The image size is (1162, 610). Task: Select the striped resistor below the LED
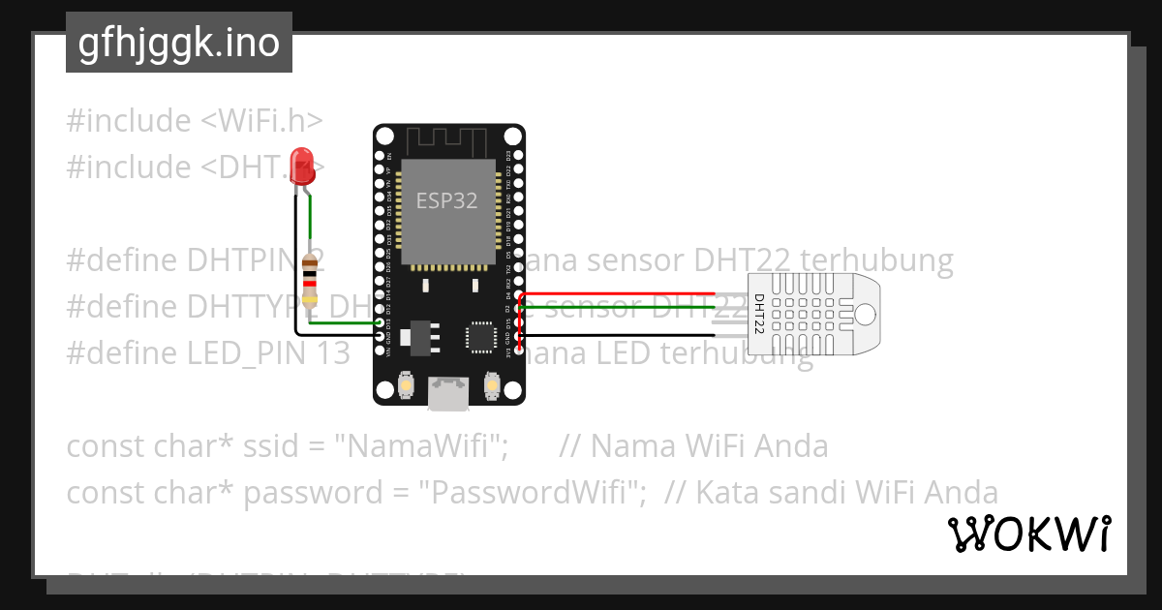click(311, 280)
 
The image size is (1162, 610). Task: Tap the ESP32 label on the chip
click(446, 200)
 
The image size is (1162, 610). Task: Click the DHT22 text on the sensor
click(759, 314)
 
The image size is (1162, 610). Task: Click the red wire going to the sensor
click(620, 293)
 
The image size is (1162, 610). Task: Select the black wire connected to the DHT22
click(620, 335)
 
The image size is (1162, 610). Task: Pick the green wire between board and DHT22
click(620, 308)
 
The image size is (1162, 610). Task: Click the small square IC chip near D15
click(480, 336)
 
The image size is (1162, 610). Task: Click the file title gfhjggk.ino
click(179, 43)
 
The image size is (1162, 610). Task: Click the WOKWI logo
click(1028, 534)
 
